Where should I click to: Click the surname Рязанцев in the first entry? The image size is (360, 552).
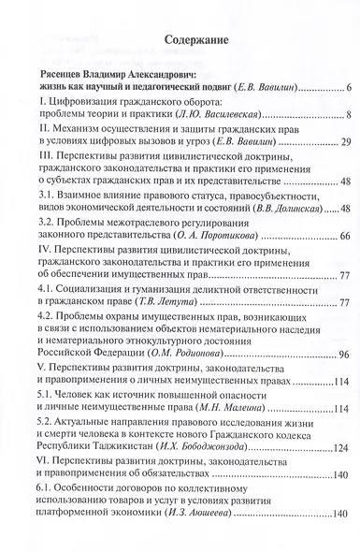(x=64, y=73)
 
